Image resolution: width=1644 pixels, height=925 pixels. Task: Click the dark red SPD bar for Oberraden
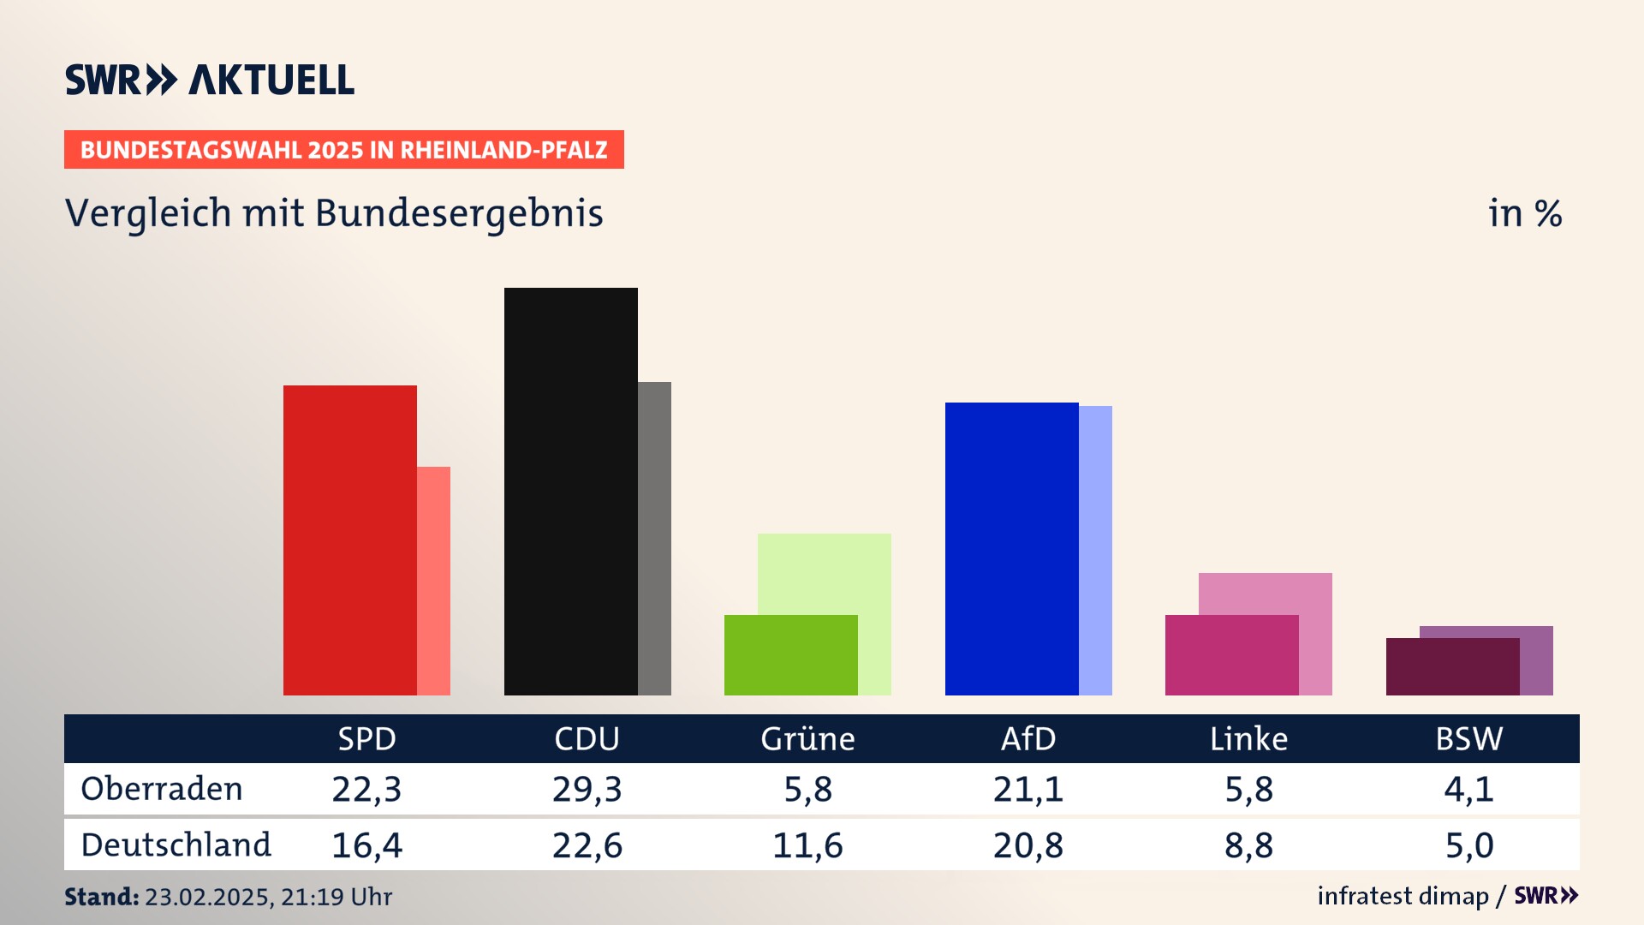(x=349, y=540)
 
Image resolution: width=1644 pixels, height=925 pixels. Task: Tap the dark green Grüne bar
(x=790, y=655)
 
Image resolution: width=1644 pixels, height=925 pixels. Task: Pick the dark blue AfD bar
(x=1011, y=548)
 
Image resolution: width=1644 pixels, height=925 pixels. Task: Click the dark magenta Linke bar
(x=1231, y=655)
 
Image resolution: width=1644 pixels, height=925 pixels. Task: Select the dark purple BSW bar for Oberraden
(x=1452, y=666)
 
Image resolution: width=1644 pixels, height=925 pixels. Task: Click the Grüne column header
(x=807, y=738)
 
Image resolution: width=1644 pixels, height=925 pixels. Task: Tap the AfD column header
(x=1028, y=738)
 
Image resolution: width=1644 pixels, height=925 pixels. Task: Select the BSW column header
(x=1468, y=738)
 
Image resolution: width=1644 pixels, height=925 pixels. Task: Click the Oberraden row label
(x=162, y=789)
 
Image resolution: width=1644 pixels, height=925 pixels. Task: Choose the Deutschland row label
(x=176, y=845)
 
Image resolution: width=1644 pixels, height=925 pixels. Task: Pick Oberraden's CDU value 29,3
(x=587, y=789)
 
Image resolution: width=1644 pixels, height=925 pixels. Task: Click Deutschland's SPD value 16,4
(x=366, y=845)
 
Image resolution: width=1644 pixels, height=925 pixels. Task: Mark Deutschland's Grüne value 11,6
(x=807, y=845)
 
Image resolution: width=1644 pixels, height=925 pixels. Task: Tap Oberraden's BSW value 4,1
(x=1468, y=789)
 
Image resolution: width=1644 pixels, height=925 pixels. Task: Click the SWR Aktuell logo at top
(x=210, y=80)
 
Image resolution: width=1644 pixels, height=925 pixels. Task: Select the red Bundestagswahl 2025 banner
(x=343, y=150)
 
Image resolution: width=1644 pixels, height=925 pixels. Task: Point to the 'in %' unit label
(x=1524, y=213)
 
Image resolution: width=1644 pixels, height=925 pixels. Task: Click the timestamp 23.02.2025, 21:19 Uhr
(x=268, y=897)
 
